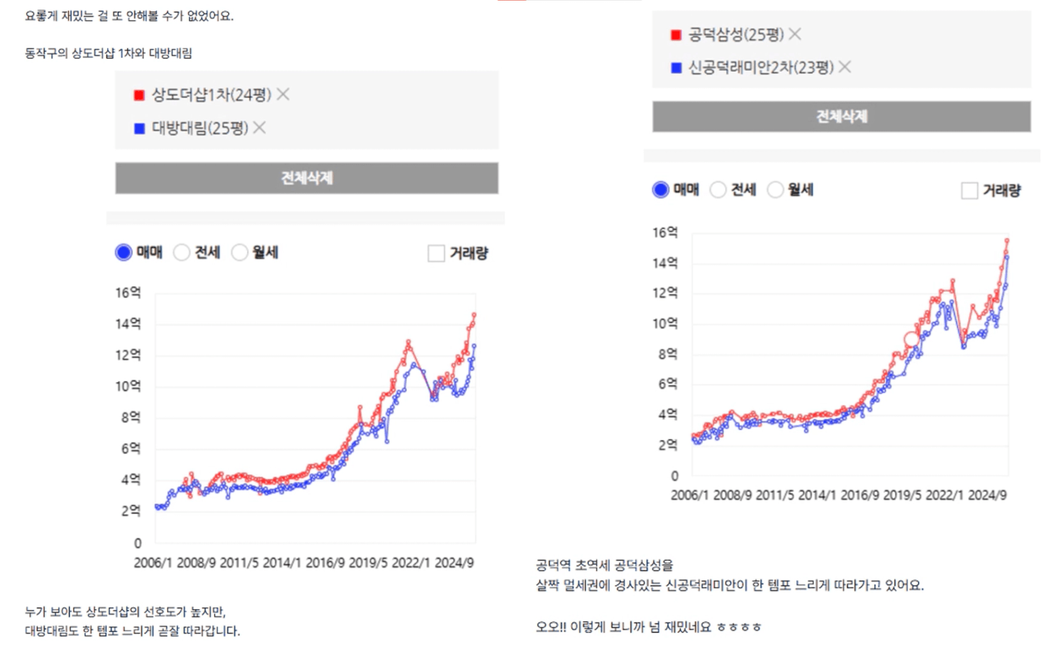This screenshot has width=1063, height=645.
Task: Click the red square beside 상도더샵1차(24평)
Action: click(140, 95)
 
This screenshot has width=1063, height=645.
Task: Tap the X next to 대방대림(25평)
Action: click(260, 128)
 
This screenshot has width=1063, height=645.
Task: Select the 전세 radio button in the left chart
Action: click(182, 253)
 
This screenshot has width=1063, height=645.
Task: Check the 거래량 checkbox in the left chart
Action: click(436, 253)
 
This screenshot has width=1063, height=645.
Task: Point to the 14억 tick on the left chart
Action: click(128, 324)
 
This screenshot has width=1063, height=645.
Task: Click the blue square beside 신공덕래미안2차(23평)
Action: click(677, 67)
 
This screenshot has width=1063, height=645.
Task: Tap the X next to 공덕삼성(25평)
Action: click(795, 34)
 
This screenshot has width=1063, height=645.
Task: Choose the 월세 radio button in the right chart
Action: click(776, 190)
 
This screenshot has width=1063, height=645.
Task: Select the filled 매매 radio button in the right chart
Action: click(660, 190)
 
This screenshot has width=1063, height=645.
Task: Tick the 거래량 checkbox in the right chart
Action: click(969, 190)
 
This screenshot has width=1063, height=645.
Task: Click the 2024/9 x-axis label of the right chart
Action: click(987, 495)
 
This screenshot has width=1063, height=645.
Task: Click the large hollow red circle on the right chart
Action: click(911, 339)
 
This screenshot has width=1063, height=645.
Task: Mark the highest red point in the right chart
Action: click(1007, 241)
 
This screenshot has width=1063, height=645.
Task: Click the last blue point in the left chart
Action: click(474, 346)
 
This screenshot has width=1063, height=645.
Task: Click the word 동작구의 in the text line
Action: click(46, 53)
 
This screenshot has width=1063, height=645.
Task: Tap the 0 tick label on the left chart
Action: click(138, 543)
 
